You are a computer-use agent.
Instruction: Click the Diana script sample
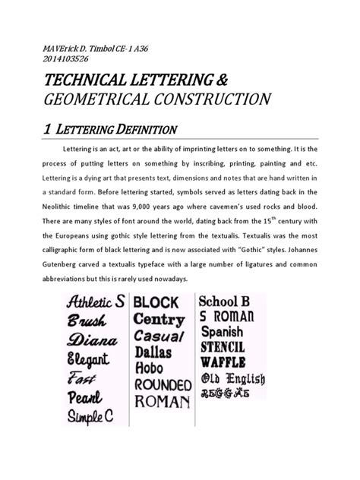pos(92,339)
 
